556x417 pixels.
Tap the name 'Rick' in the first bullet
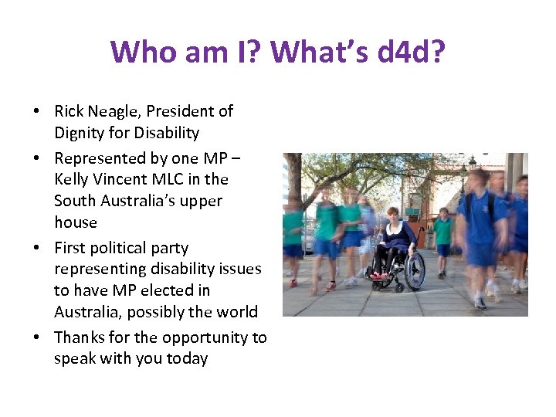click(69, 111)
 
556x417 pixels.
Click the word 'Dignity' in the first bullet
click(80, 133)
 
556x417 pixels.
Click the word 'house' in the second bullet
click(76, 222)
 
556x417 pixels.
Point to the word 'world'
click(237, 312)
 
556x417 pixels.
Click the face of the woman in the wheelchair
click(393, 215)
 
